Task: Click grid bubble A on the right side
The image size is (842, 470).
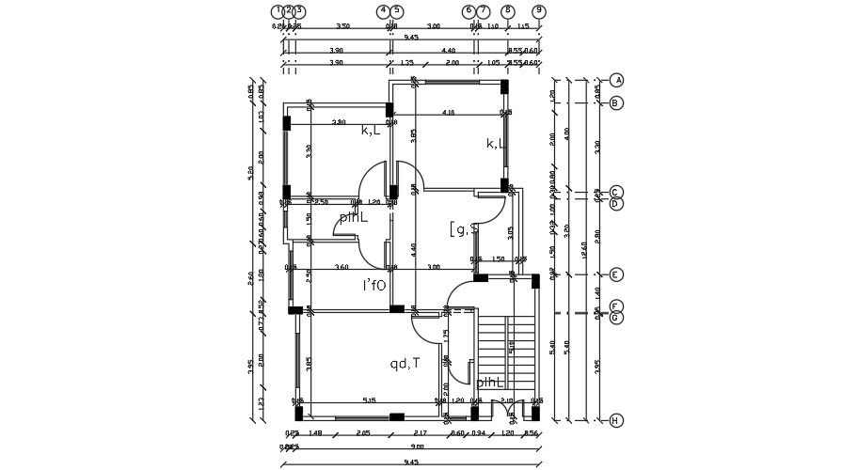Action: click(616, 80)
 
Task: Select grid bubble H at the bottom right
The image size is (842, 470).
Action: click(616, 420)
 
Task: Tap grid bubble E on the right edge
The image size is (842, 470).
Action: click(616, 274)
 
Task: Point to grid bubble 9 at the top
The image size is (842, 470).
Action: click(538, 11)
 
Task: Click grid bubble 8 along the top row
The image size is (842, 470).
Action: click(508, 11)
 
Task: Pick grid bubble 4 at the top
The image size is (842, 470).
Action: click(383, 11)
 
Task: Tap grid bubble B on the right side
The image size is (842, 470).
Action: click(616, 102)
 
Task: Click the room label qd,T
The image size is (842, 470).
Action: click(405, 364)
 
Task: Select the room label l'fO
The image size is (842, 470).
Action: click(374, 285)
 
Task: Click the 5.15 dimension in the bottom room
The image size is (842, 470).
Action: click(369, 400)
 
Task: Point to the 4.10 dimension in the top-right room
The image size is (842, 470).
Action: click(448, 113)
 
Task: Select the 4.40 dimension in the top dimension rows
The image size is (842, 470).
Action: click(448, 50)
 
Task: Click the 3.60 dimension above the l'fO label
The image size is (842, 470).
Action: click(342, 267)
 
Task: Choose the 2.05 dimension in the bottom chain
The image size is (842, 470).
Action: click(363, 432)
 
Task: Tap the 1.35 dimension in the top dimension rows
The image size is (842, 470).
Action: click(407, 63)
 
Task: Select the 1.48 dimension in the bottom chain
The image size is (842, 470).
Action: click(315, 432)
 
